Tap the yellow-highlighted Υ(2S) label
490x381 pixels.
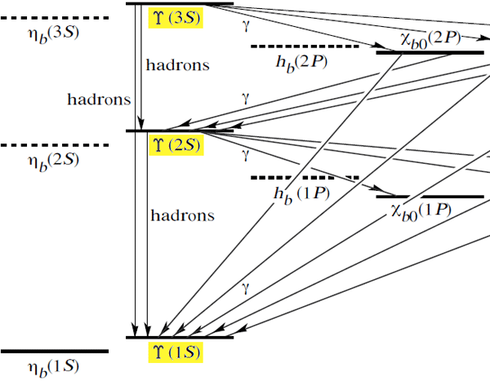175,144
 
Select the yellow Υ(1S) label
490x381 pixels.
175,352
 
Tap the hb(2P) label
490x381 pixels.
301,61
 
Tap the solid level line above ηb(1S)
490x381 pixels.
54,352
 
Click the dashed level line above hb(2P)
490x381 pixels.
305,47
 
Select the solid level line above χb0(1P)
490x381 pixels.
430,197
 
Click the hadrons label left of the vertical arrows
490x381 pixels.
98,100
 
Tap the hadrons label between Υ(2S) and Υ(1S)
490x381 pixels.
182,216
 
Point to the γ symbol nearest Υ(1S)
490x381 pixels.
244,286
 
